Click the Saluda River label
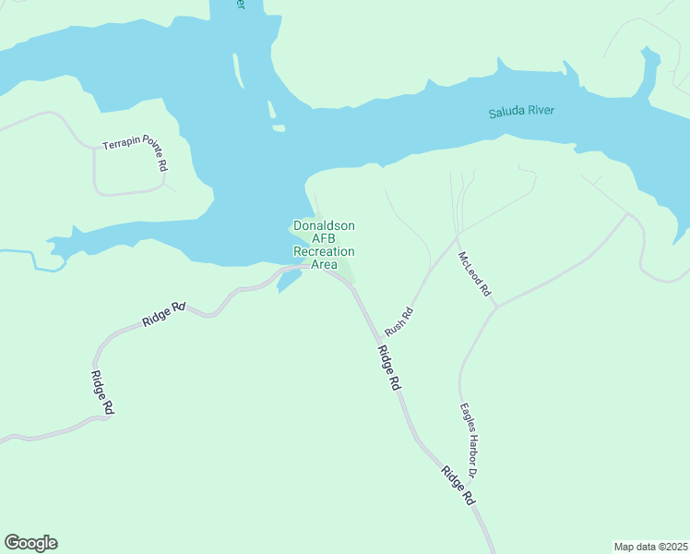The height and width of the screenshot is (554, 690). (528, 113)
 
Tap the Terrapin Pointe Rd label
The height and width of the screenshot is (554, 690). (136, 154)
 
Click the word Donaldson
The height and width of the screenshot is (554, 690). (324, 225)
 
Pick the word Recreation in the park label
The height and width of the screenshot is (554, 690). (324, 251)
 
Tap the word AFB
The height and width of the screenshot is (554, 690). (324, 238)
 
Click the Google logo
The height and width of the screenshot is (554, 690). (30, 543)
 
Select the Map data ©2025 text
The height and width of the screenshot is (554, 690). (650, 547)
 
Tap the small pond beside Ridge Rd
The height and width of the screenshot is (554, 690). (289, 278)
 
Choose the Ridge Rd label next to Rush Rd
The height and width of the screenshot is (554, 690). (388, 367)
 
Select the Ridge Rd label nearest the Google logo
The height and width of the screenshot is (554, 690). (101, 391)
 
